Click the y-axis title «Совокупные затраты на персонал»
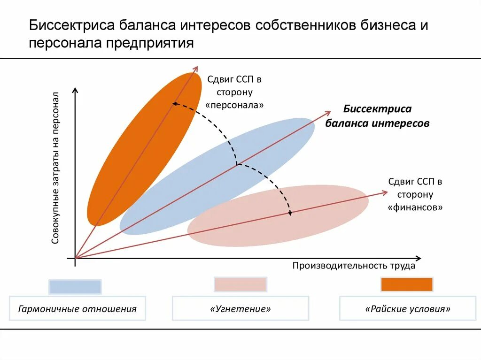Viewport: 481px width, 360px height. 55,168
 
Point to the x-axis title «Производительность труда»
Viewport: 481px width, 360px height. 354,266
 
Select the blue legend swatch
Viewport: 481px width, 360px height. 75,286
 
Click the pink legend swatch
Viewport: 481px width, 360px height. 240,284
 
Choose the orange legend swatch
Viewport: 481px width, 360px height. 407,284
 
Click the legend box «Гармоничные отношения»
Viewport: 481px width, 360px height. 78,309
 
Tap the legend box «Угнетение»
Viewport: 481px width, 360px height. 240,309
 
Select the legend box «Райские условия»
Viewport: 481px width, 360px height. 408,309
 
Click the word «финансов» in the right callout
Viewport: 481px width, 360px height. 415,207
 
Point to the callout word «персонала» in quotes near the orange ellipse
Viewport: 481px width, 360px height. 234,105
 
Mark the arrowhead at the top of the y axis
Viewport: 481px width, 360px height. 75,89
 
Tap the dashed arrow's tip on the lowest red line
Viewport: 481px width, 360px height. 290,214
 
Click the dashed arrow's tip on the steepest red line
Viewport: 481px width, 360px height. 174,103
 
